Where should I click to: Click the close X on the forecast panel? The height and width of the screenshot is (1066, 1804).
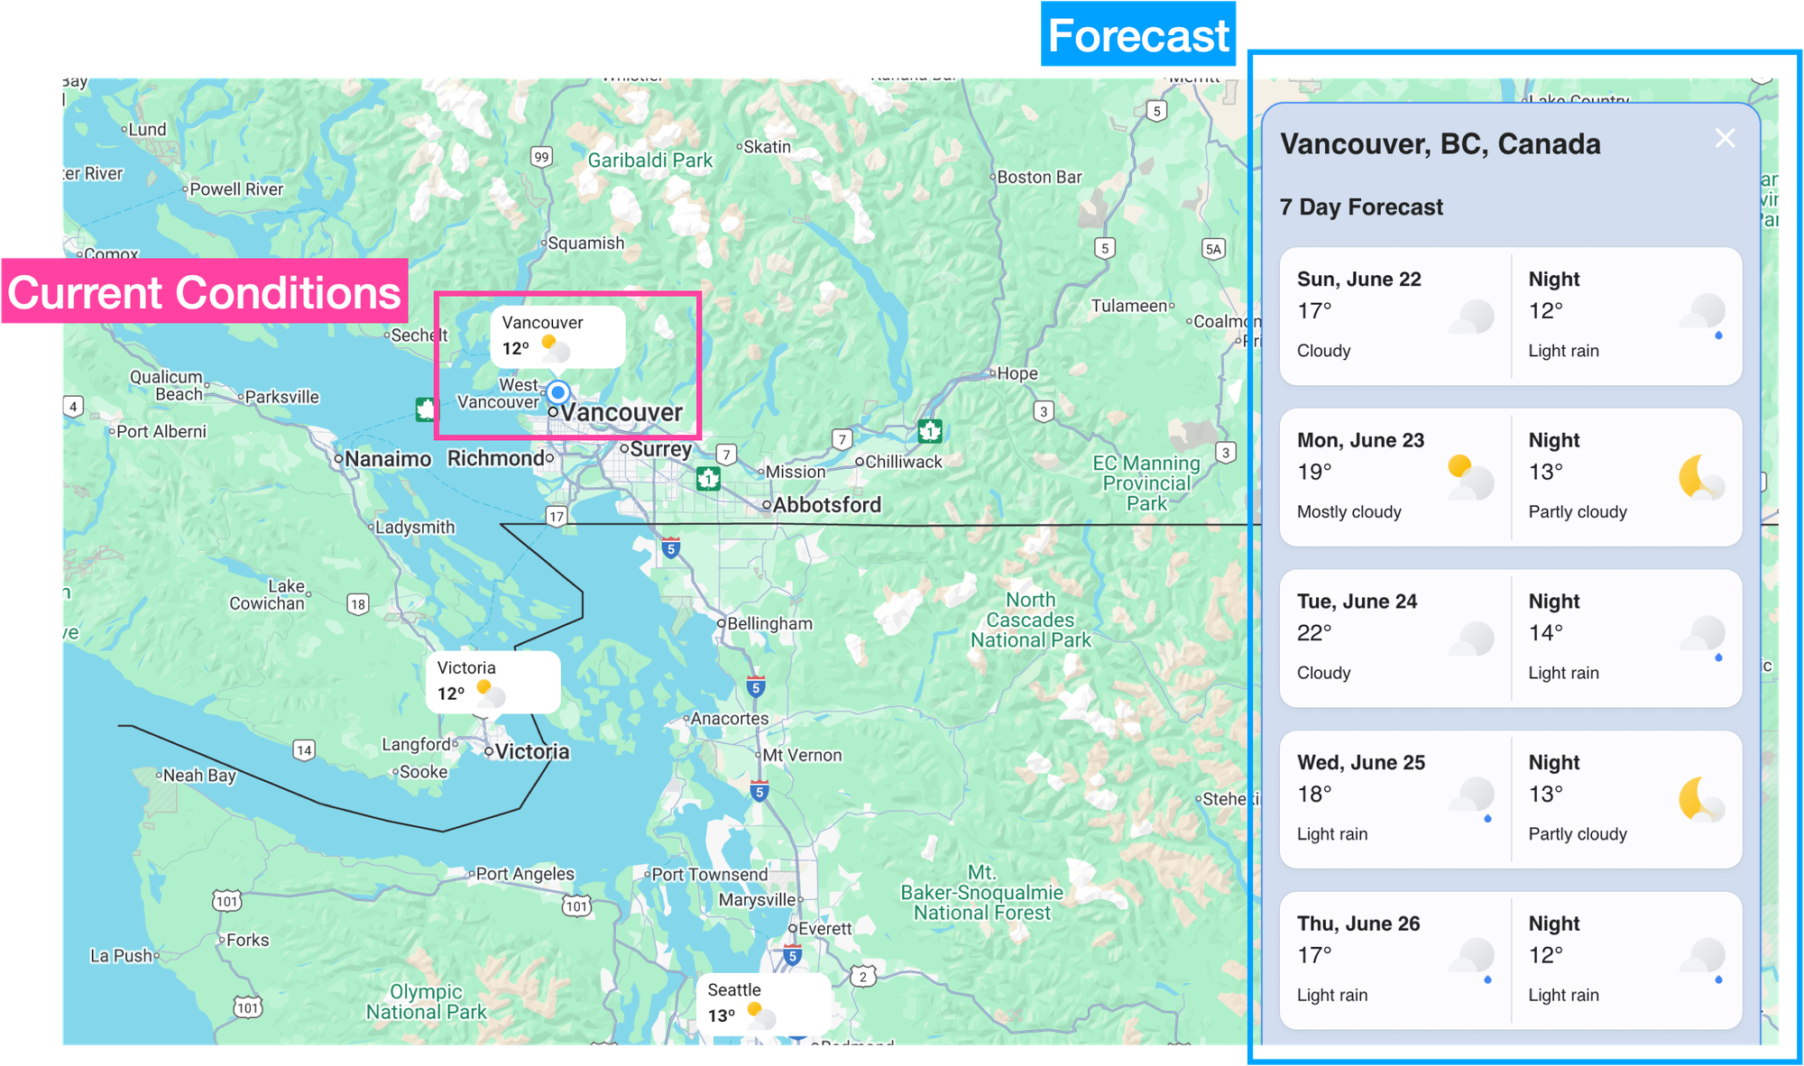point(1725,138)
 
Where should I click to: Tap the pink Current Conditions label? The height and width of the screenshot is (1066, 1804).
point(204,292)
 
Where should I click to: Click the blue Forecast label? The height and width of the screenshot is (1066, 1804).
point(1137,36)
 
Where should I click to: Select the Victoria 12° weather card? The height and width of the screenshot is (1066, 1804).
point(492,682)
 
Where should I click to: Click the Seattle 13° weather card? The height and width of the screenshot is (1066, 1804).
point(762,1003)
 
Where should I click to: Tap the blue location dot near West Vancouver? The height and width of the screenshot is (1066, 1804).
point(558,392)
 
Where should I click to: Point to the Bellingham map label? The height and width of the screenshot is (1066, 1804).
point(769,623)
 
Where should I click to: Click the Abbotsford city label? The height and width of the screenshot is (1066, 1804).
point(826,505)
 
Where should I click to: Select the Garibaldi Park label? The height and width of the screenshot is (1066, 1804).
point(649,161)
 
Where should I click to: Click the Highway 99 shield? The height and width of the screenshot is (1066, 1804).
point(541,157)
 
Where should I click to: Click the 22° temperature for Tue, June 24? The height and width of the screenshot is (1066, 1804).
point(1313,633)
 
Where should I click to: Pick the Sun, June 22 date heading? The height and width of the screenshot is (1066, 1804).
point(1358,280)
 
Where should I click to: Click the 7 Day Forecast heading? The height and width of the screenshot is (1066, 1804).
point(1360,207)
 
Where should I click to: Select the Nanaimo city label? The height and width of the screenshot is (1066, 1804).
point(387,459)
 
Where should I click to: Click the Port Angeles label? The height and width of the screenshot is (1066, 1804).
point(524,874)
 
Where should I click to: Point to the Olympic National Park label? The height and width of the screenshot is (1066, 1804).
point(426,1002)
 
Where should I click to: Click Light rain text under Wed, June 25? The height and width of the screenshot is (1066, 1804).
point(1331,834)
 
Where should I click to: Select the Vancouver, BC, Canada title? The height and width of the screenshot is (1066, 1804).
point(1440,144)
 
